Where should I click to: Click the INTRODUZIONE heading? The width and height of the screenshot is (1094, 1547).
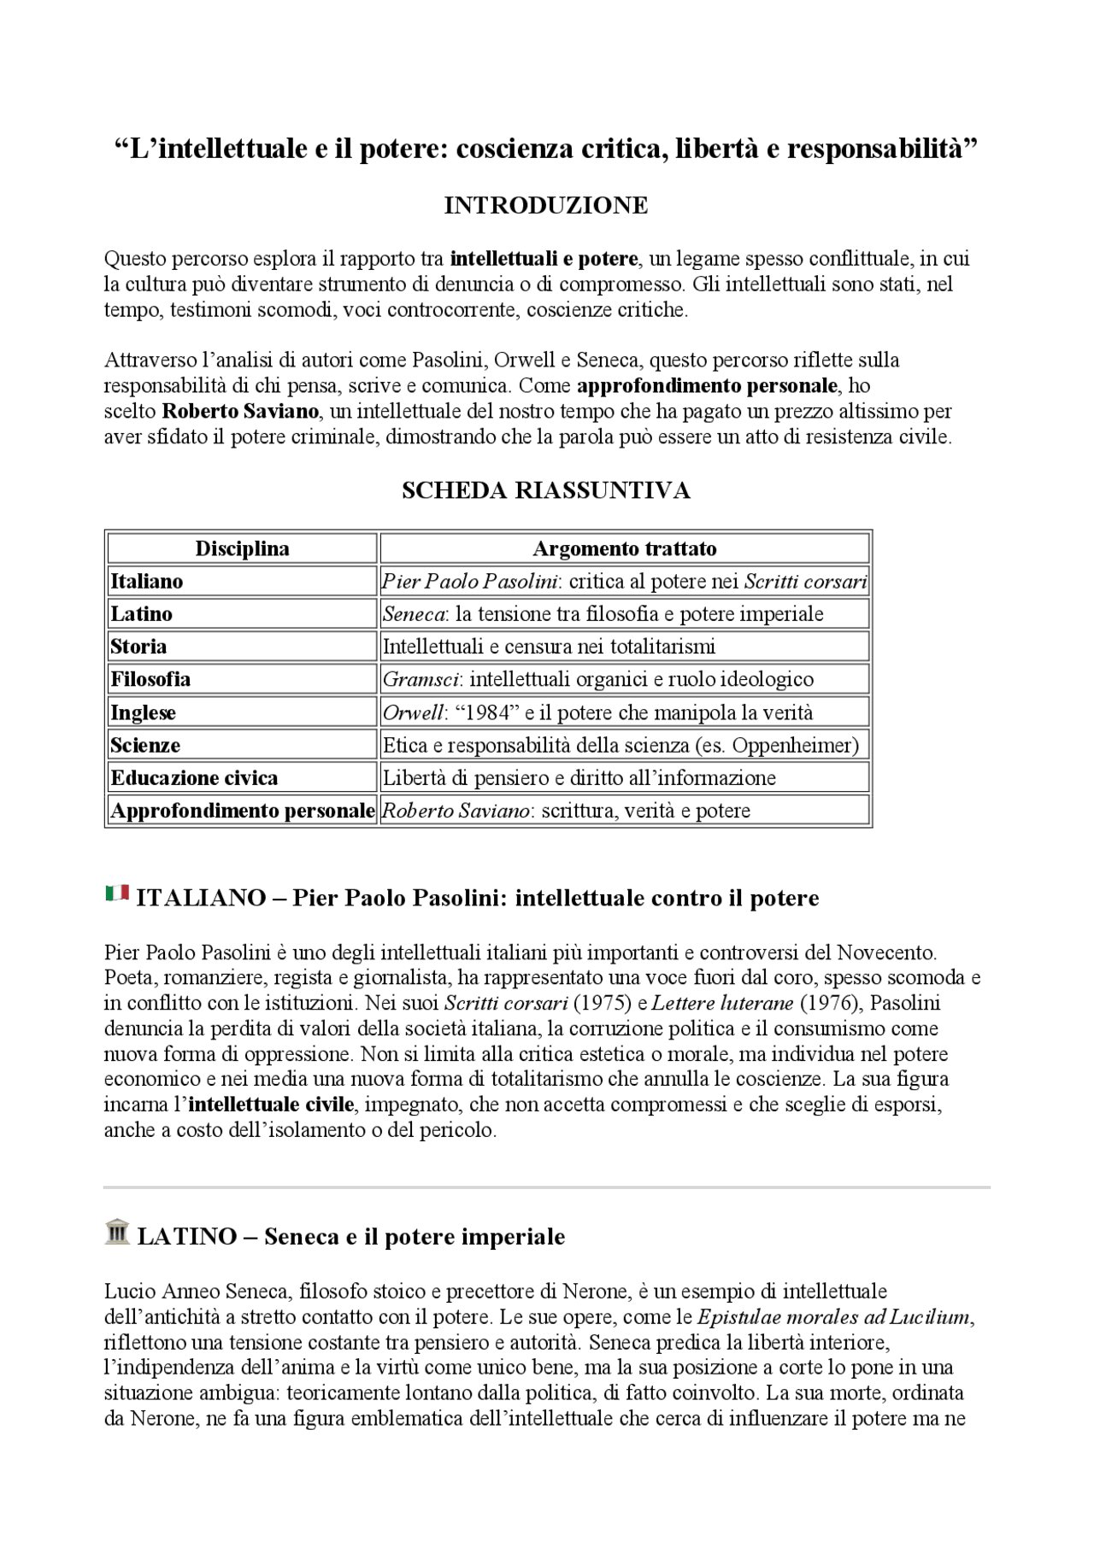click(545, 206)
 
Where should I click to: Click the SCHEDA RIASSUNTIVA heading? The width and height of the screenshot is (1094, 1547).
click(545, 490)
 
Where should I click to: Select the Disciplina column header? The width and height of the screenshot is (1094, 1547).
click(242, 548)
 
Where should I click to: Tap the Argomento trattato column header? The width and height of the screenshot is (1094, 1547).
click(624, 548)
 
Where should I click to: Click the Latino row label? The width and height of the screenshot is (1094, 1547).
click(141, 614)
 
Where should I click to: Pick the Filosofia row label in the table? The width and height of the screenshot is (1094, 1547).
click(150, 680)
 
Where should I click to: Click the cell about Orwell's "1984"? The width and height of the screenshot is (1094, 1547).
click(597, 713)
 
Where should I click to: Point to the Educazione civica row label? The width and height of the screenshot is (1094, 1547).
click(194, 778)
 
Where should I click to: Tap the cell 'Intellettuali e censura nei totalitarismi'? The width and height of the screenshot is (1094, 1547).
click(549, 647)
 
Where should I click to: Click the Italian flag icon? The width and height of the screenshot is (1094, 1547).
click(117, 894)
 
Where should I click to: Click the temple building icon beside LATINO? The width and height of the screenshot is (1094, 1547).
click(117, 1232)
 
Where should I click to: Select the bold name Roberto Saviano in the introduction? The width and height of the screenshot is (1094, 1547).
click(241, 412)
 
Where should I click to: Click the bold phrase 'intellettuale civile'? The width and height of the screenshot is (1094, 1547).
click(271, 1105)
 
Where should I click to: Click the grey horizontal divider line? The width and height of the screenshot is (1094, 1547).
click(547, 1187)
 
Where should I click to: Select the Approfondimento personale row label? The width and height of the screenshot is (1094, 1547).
click(242, 811)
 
